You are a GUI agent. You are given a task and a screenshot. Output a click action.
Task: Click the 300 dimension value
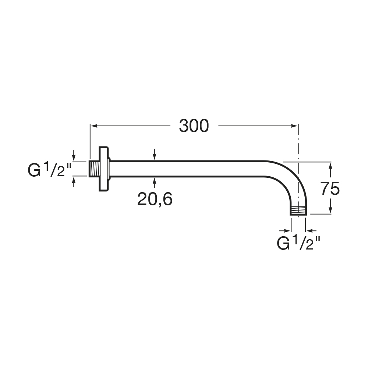(x=194, y=126)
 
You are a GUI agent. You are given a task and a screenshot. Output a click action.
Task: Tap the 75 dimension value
(x=330, y=188)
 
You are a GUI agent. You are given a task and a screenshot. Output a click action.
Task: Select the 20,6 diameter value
(x=155, y=199)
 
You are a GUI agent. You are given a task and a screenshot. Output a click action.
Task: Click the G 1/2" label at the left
(x=50, y=169)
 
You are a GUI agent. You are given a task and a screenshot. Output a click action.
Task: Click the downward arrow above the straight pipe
(x=155, y=154)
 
